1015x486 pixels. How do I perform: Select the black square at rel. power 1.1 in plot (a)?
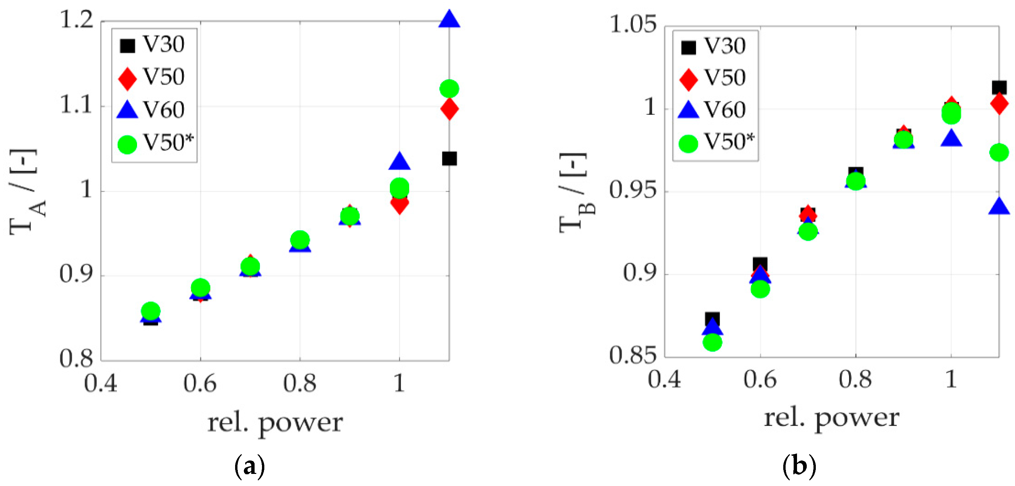[449, 159]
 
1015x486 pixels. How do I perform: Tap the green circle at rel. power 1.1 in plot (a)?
[449, 89]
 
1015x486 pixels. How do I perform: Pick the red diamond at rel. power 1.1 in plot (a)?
[449, 109]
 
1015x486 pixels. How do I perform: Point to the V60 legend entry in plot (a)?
[152, 110]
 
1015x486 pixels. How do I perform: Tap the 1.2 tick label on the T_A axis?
[77, 20]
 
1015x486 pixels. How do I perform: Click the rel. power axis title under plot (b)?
[831, 418]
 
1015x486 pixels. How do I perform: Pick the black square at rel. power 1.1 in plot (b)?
[999, 87]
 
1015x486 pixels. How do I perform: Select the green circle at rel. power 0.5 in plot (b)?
[712, 342]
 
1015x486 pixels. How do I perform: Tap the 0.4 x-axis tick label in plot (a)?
[101, 383]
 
